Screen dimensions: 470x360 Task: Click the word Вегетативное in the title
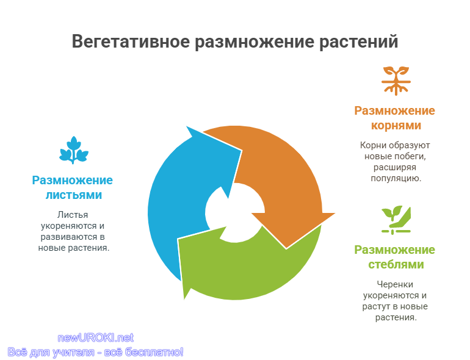click(131, 41)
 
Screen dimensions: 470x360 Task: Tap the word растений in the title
click(358, 41)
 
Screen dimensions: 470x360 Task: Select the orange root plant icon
click(396, 81)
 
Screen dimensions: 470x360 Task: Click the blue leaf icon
click(74, 150)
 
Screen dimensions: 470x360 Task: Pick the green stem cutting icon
click(396, 220)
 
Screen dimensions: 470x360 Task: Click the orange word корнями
click(396, 125)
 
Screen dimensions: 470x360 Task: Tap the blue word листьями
click(74, 195)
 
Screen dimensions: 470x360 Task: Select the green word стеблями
click(396, 264)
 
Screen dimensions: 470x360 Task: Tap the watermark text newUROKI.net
click(96, 338)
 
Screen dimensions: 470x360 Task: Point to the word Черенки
click(395, 284)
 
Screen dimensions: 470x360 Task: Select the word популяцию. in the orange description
click(396, 178)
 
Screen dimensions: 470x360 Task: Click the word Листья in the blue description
click(73, 215)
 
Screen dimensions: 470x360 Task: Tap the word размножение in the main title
click(255, 41)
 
